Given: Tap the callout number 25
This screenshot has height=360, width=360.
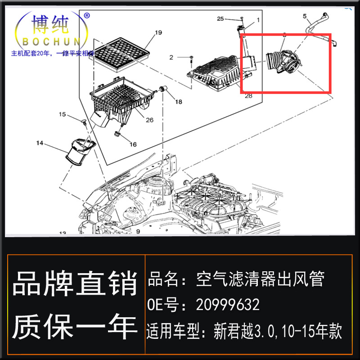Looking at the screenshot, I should [220, 18].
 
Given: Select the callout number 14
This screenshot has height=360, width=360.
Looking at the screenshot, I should [40, 143].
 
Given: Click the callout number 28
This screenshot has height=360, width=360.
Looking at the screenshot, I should [248, 95].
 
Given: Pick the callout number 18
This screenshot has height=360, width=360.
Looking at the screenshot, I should [179, 102].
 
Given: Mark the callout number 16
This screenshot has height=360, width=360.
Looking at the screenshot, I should [133, 144].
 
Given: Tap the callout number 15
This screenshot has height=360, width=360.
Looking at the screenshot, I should [63, 114].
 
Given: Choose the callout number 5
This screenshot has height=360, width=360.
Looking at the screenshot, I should [304, 16].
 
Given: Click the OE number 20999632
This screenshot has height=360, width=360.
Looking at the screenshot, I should [228, 305].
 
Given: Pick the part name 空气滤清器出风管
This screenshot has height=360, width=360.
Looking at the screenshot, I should [260, 279].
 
